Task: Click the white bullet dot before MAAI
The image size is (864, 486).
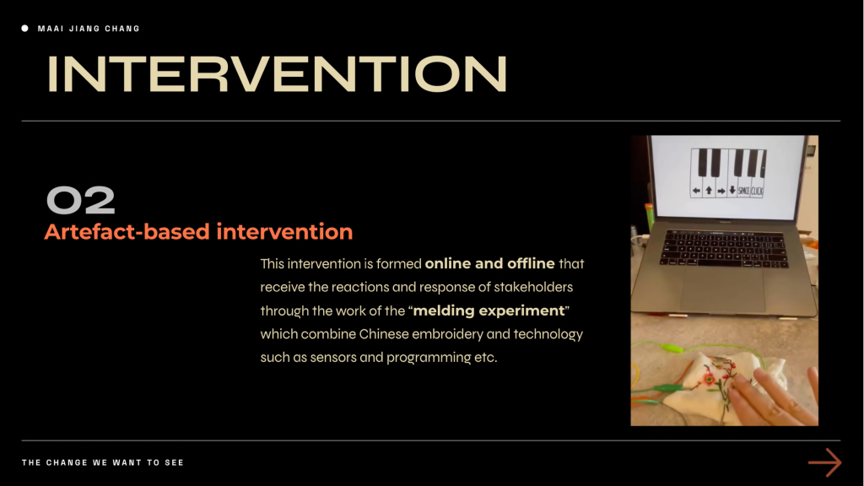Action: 24,28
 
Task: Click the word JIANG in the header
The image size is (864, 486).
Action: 84,29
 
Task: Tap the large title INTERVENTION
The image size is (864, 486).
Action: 277,74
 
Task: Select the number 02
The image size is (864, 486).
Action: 81,200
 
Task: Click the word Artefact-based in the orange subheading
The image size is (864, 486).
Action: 127,232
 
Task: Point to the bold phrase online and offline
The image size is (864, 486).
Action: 489,263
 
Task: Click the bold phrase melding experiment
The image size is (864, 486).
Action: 489,310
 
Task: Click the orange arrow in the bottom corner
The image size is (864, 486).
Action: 825,462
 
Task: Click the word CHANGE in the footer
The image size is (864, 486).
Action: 67,463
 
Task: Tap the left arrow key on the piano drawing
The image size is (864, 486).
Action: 696,191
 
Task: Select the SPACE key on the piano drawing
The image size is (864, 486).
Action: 743,191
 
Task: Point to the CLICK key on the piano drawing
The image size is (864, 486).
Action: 757,191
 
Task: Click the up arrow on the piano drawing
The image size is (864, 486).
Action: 709,191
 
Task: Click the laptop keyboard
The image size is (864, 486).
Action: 723,249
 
